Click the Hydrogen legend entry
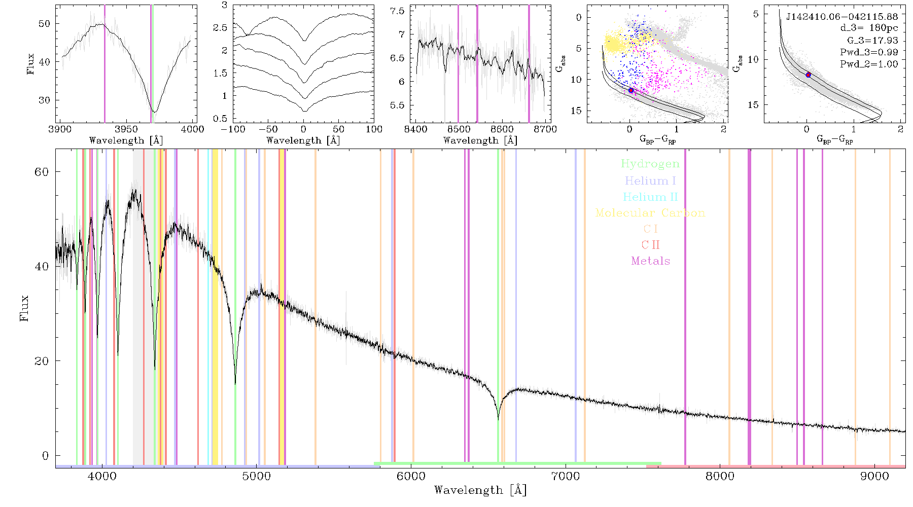point(650,164)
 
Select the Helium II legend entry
point(650,197)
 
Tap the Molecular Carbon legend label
point(650,213)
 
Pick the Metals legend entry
point(651,261)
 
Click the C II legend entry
point(651,245)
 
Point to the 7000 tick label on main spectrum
point(565,476)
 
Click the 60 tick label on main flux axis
point(42,172)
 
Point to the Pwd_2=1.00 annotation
point(869,64)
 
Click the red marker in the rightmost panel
point(808,75)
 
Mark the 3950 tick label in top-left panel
point(126,129)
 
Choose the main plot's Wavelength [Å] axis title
point(480,490)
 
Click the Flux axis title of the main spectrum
point(24,308)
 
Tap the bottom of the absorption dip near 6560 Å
point(498,420)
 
